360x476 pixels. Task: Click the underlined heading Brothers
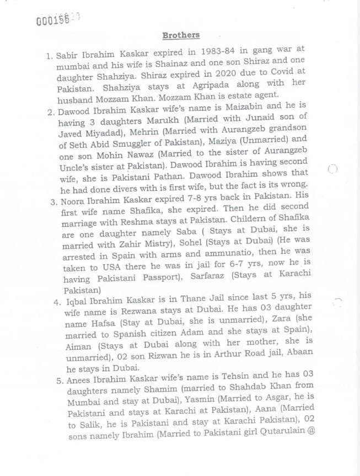click(x=181, y=35)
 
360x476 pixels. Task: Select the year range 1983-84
click(x=205, y=50)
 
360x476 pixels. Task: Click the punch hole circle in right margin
click(x=332, y=169)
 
